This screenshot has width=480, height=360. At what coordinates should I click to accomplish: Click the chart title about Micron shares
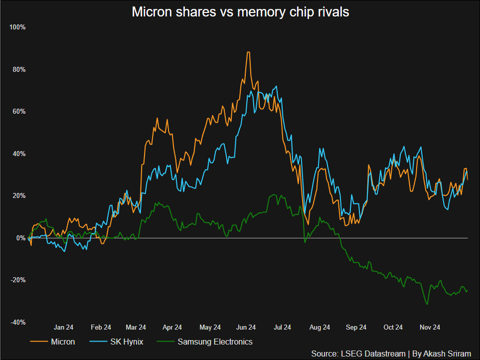(240, 12)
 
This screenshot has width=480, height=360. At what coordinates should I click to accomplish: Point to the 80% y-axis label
(18, 69)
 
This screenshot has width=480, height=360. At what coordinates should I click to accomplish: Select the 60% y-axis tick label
(18, 111)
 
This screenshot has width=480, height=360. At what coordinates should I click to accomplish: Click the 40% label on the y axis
(18, 154)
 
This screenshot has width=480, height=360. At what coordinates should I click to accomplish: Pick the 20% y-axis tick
(18, 195)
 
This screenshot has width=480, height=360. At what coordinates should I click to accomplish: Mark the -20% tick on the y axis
(18, 280)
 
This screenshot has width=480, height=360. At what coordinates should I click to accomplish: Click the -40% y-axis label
(18, 322)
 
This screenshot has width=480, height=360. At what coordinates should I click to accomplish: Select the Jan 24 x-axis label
(64, 328)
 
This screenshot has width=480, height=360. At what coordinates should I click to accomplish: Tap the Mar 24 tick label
(136, 328)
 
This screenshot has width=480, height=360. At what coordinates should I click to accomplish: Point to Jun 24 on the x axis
(246, 328)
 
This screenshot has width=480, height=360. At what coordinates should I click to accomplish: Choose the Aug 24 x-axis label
(320, 328)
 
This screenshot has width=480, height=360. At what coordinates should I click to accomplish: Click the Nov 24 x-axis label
(430, 328)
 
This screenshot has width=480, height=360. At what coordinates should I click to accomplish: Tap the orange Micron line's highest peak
(248, 52)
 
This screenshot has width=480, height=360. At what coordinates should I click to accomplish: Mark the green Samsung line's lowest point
(427, 304)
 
